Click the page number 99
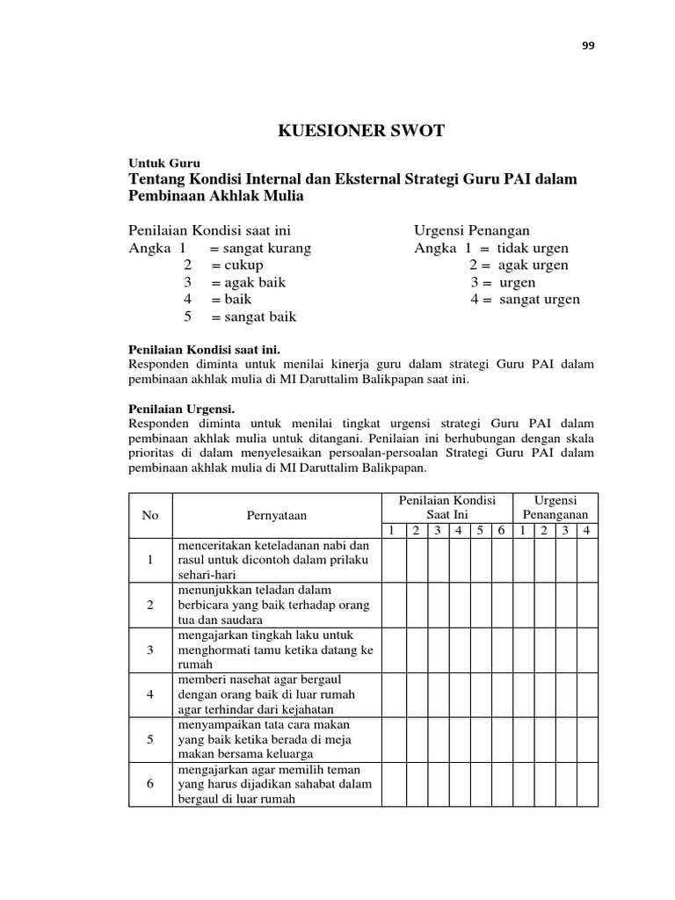click(588, 47)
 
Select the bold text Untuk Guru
click(165, 163)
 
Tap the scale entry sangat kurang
click(261, 248)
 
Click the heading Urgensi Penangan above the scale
click(484, 230)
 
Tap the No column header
click(150, 515)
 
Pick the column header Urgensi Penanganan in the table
click(555, 507)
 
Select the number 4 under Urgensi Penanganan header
click(587, 530)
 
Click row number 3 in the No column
click(150, 650)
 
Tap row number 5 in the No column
click(150, 739)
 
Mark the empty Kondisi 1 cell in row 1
click(394, 560)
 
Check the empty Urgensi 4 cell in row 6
click(587, 784)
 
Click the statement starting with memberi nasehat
click(275, 694)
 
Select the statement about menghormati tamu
click(275, 650)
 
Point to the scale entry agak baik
click(249, 282)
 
